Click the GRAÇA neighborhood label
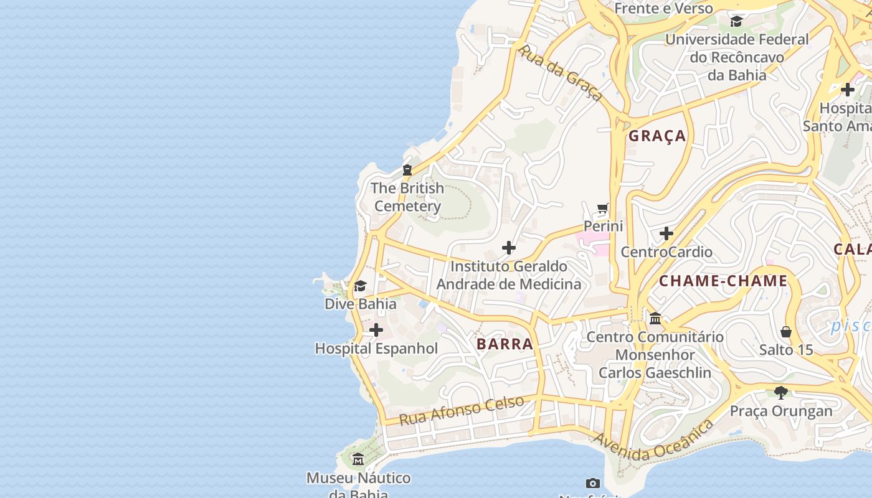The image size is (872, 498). (x=657, y=136)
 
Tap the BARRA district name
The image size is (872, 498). (x=505, y=344)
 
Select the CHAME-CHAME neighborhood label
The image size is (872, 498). (x=723, y=281)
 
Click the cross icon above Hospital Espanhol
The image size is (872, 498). (x=376, y=330)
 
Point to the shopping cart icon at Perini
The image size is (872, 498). (x=602, y=208)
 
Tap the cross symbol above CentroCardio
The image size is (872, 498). (x=666, y=233)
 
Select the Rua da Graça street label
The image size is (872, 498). (x=561, y=72)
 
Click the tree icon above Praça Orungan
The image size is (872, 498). (x=781, y=392)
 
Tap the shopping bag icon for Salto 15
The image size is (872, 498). (x=786, y=332)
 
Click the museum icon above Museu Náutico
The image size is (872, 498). (x=358, y=459)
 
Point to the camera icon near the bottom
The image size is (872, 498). (x=593, y=483)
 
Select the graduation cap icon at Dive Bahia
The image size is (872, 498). (x=360, y=286)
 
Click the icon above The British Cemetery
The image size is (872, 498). (x=407, y=169)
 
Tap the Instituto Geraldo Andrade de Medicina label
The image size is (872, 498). (x=508, y=275)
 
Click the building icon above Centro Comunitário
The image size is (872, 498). (x=655, y=318)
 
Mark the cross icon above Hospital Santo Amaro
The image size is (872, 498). (x=847, y=90)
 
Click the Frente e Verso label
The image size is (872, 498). (x=663, y=9)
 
